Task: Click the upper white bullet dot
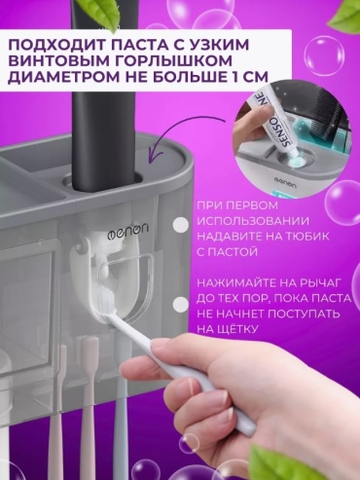click(x=181, y=225)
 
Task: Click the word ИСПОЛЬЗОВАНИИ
click(x=253, y=221)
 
